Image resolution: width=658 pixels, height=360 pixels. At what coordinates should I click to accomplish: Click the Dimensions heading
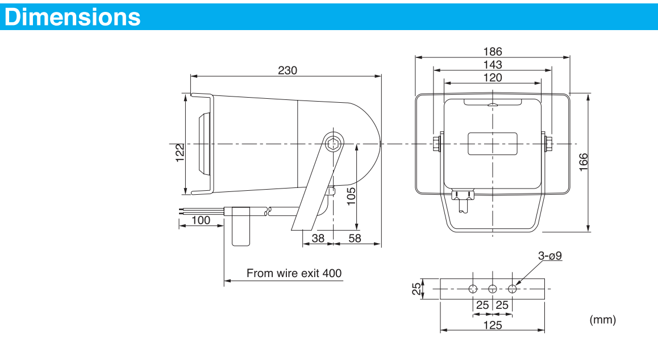73,17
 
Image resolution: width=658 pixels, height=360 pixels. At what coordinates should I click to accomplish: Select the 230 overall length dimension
288,70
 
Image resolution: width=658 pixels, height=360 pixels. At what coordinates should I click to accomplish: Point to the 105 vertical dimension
351,195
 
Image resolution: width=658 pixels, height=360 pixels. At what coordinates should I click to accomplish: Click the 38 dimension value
318,238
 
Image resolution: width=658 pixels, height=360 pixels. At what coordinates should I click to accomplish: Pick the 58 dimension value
355,238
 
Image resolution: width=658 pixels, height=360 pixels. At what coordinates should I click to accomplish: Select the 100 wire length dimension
201,220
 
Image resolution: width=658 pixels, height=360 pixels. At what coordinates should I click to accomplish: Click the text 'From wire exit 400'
294,273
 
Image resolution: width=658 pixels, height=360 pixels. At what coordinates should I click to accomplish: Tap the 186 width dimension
493,52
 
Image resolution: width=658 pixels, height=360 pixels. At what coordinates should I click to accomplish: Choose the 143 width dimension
493,65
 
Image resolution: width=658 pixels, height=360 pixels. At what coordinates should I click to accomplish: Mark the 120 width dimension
493,78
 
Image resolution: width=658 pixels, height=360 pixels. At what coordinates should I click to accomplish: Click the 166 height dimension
583,162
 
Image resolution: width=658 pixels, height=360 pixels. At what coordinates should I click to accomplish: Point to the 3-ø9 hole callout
549,256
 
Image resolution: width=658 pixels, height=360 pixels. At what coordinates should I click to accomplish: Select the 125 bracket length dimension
493,325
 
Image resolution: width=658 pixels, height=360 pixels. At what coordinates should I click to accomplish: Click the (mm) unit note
603,320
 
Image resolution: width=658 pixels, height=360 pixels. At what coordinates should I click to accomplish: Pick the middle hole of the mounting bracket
493,289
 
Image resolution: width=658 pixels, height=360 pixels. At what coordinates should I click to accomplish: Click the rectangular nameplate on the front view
493,144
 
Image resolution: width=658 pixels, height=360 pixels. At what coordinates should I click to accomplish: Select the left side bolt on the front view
436,143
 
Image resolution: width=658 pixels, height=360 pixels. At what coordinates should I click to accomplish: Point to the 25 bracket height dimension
417,289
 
